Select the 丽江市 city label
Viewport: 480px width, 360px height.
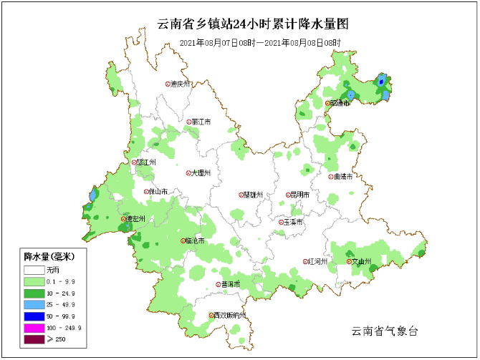point(201,122)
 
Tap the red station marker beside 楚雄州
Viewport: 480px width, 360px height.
point(241,195)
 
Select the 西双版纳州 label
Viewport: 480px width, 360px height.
point(230,316)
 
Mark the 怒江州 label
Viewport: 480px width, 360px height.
point(145,162)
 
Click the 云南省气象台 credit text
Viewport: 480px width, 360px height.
point(384,331)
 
